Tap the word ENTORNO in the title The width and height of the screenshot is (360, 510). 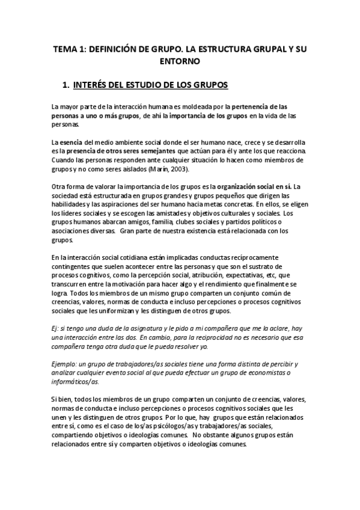click(x=179, y=61)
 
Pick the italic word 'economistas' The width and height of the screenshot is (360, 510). click(x=269, y=373)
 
